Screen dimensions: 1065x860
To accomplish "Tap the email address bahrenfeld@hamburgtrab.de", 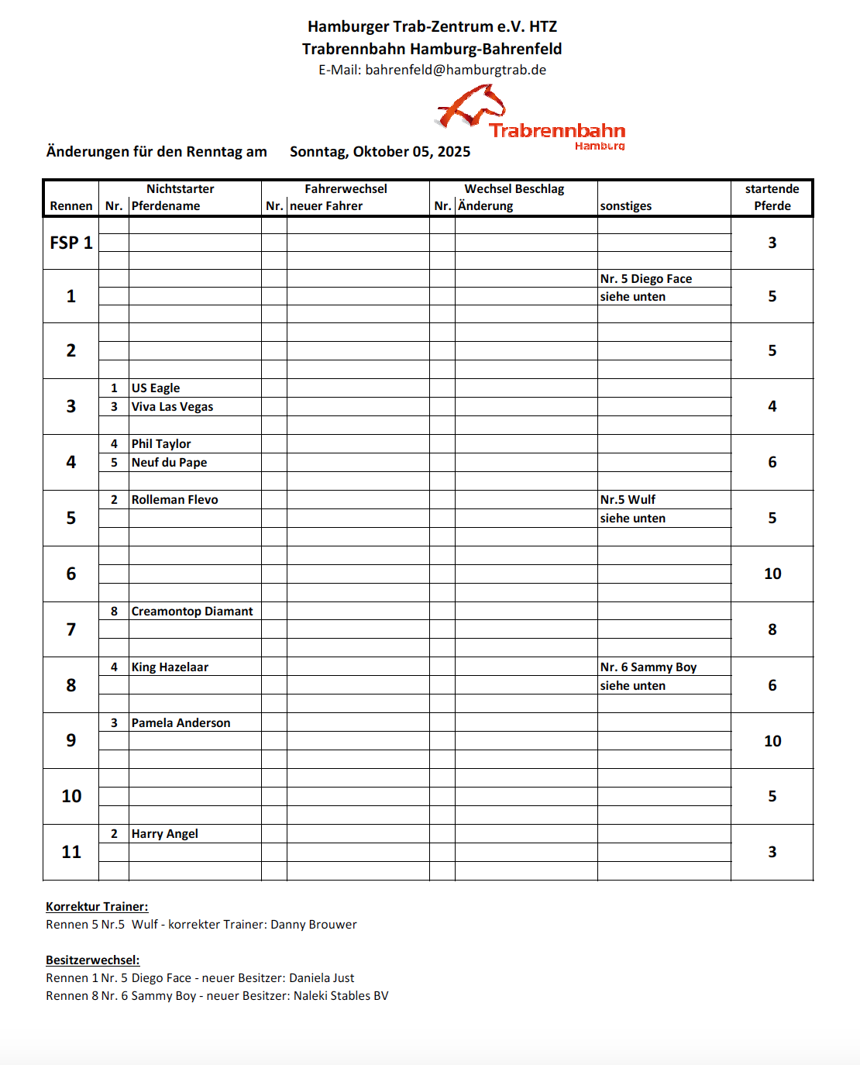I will point(456,70).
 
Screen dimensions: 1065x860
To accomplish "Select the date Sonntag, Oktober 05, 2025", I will point(380,152).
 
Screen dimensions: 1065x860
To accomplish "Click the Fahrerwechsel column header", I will point(346,189).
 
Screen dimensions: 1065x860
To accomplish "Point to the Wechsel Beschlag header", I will point(514,189).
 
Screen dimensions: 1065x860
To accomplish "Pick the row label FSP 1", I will point(71,243).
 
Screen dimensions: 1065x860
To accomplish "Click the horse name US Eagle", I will point(156,388).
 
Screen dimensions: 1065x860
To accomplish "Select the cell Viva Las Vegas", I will point(172,407).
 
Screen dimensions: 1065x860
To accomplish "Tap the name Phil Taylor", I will point(161,444).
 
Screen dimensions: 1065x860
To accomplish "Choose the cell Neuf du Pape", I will point(169,463).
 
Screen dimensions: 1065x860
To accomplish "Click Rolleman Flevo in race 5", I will point(174,500).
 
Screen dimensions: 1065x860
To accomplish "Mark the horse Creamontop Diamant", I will point(192,612).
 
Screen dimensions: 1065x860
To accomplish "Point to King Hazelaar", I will point(170,667).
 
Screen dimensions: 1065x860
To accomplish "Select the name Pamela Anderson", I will point(181,723).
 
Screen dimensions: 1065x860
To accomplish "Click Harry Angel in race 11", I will point(164,834).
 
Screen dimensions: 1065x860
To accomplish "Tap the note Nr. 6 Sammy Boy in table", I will point(648,667).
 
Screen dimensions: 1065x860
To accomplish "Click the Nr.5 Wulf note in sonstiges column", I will point(628,500).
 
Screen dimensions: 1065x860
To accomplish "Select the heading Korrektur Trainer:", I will point(97,907).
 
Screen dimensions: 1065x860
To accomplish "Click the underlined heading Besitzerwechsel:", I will point(92,960).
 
